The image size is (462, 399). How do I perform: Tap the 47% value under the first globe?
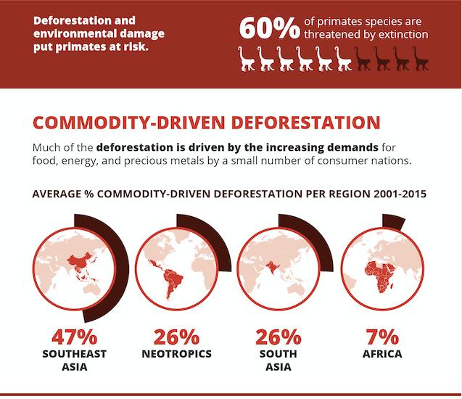[75, 337]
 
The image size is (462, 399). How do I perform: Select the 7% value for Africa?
[381, 337]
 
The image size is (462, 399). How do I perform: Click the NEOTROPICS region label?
[177, 354]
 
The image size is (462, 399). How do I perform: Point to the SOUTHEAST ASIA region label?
[75, 360]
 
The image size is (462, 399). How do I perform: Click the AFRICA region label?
[381, 354]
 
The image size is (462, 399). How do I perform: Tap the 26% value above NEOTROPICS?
[177, 337]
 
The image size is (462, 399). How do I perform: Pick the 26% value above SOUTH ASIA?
[279, 337]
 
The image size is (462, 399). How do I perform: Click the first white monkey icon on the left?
[247, 59]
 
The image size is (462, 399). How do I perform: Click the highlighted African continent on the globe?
[379, 273]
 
